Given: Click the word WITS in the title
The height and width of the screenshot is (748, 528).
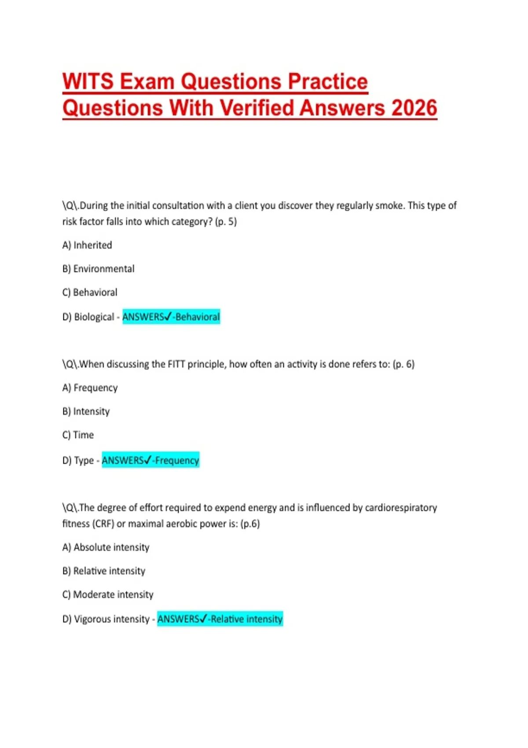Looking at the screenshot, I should [x=88, y=82].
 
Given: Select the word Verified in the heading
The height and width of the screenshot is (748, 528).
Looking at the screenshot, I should [x=257, y=108].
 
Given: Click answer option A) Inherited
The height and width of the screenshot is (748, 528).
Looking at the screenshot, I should [x=87, y=245].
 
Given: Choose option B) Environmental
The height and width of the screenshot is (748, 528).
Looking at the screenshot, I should [x=98, y=269].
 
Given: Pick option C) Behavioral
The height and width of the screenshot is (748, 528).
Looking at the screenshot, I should [x=90, y=293].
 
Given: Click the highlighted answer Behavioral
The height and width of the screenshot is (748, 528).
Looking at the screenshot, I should [x=198, y=317].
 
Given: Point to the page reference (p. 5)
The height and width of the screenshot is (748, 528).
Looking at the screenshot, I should [x=226, y=222].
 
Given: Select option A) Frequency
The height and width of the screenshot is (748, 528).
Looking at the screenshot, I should [x=90, y=388].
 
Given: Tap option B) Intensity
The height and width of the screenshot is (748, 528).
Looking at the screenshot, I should [x=86, y=411].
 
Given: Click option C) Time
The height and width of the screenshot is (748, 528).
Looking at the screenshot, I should [x=78, y=435].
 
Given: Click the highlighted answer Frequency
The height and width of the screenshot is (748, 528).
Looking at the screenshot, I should [x=177, y=461].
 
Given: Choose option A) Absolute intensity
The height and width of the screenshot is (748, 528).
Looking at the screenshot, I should [x=106, y=547].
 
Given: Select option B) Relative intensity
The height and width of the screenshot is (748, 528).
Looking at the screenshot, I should [x=103, y=571].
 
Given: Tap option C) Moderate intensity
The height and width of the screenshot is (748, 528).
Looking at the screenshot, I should [x=108, y=595].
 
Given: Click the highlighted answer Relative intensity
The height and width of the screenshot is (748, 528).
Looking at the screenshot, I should [x=246, y=619].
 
